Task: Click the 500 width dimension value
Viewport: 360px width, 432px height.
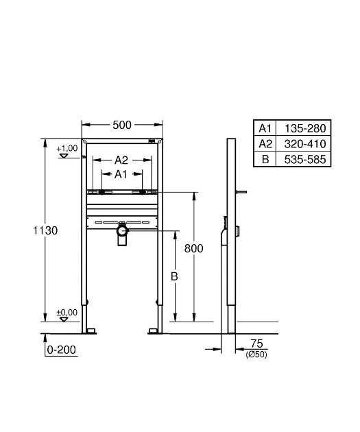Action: click(x=122, y=125)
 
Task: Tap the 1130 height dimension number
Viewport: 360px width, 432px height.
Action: click(x=45, y=230)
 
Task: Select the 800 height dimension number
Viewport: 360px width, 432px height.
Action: click(x=193, y=248)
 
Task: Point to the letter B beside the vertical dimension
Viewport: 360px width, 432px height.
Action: click(x=174, y=276)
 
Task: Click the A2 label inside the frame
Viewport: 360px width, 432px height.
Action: click(x=121, y=160)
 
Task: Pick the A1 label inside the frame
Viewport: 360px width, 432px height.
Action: click(x=121, y=174)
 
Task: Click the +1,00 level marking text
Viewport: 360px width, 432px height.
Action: click(x=67, y=148)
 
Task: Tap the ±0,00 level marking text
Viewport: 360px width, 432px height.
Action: click(x=67, y=312)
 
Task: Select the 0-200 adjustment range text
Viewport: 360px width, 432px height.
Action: click(x=62, y=350)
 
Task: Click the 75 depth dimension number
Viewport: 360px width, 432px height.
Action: click(x=256, y=344)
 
